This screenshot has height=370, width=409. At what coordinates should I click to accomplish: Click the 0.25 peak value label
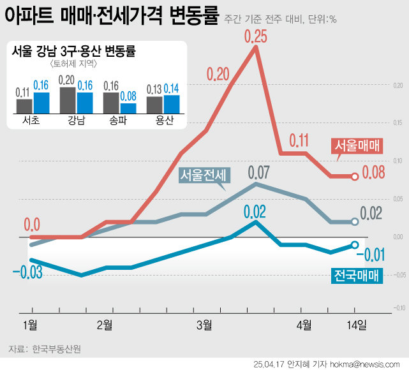coord(255,36)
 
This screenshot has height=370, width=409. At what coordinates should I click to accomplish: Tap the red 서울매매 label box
coord(357,145)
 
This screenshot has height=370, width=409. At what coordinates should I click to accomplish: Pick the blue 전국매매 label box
coord(356,276)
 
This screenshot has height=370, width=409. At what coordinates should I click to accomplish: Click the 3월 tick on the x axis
coord(204,325)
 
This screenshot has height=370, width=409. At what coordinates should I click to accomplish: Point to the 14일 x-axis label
coord(357,325)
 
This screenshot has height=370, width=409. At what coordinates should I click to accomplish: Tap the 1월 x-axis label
coord(31,325)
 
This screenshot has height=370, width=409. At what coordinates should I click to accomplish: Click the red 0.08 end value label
coord(375,172)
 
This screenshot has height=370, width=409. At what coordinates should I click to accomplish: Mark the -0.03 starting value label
coord(27,274)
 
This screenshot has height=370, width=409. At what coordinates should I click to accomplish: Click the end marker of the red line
coord(355,175)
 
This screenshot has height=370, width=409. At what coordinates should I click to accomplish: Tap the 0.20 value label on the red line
coord(218,74)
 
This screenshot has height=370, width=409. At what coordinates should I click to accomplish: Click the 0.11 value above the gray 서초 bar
coord(24,92)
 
